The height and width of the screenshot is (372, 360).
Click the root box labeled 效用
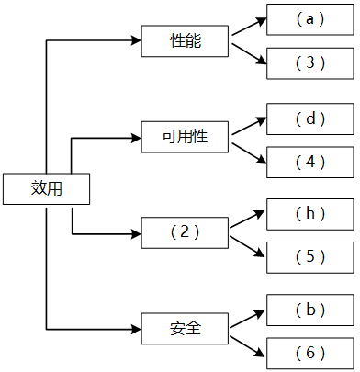[46, 189]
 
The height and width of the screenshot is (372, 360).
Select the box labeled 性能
[185, 41]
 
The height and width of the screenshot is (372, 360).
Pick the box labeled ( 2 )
[185, 233]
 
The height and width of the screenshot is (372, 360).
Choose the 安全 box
[185, 328]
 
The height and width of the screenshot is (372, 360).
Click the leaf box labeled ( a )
[310, 18]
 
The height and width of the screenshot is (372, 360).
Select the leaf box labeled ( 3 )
[310, 63]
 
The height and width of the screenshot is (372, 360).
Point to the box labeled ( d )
[310, 119]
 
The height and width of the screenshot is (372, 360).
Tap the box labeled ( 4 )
[310, 163]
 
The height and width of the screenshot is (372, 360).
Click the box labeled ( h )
[310, 213]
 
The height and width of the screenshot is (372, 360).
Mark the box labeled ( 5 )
[310, 257]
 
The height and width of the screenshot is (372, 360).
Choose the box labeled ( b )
[310, 310]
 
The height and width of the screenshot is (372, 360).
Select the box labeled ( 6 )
[310, 353]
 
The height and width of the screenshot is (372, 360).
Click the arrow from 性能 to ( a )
[249, 28]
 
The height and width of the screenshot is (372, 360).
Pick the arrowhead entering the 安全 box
[136, 328]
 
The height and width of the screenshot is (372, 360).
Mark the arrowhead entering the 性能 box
[136, 41]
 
